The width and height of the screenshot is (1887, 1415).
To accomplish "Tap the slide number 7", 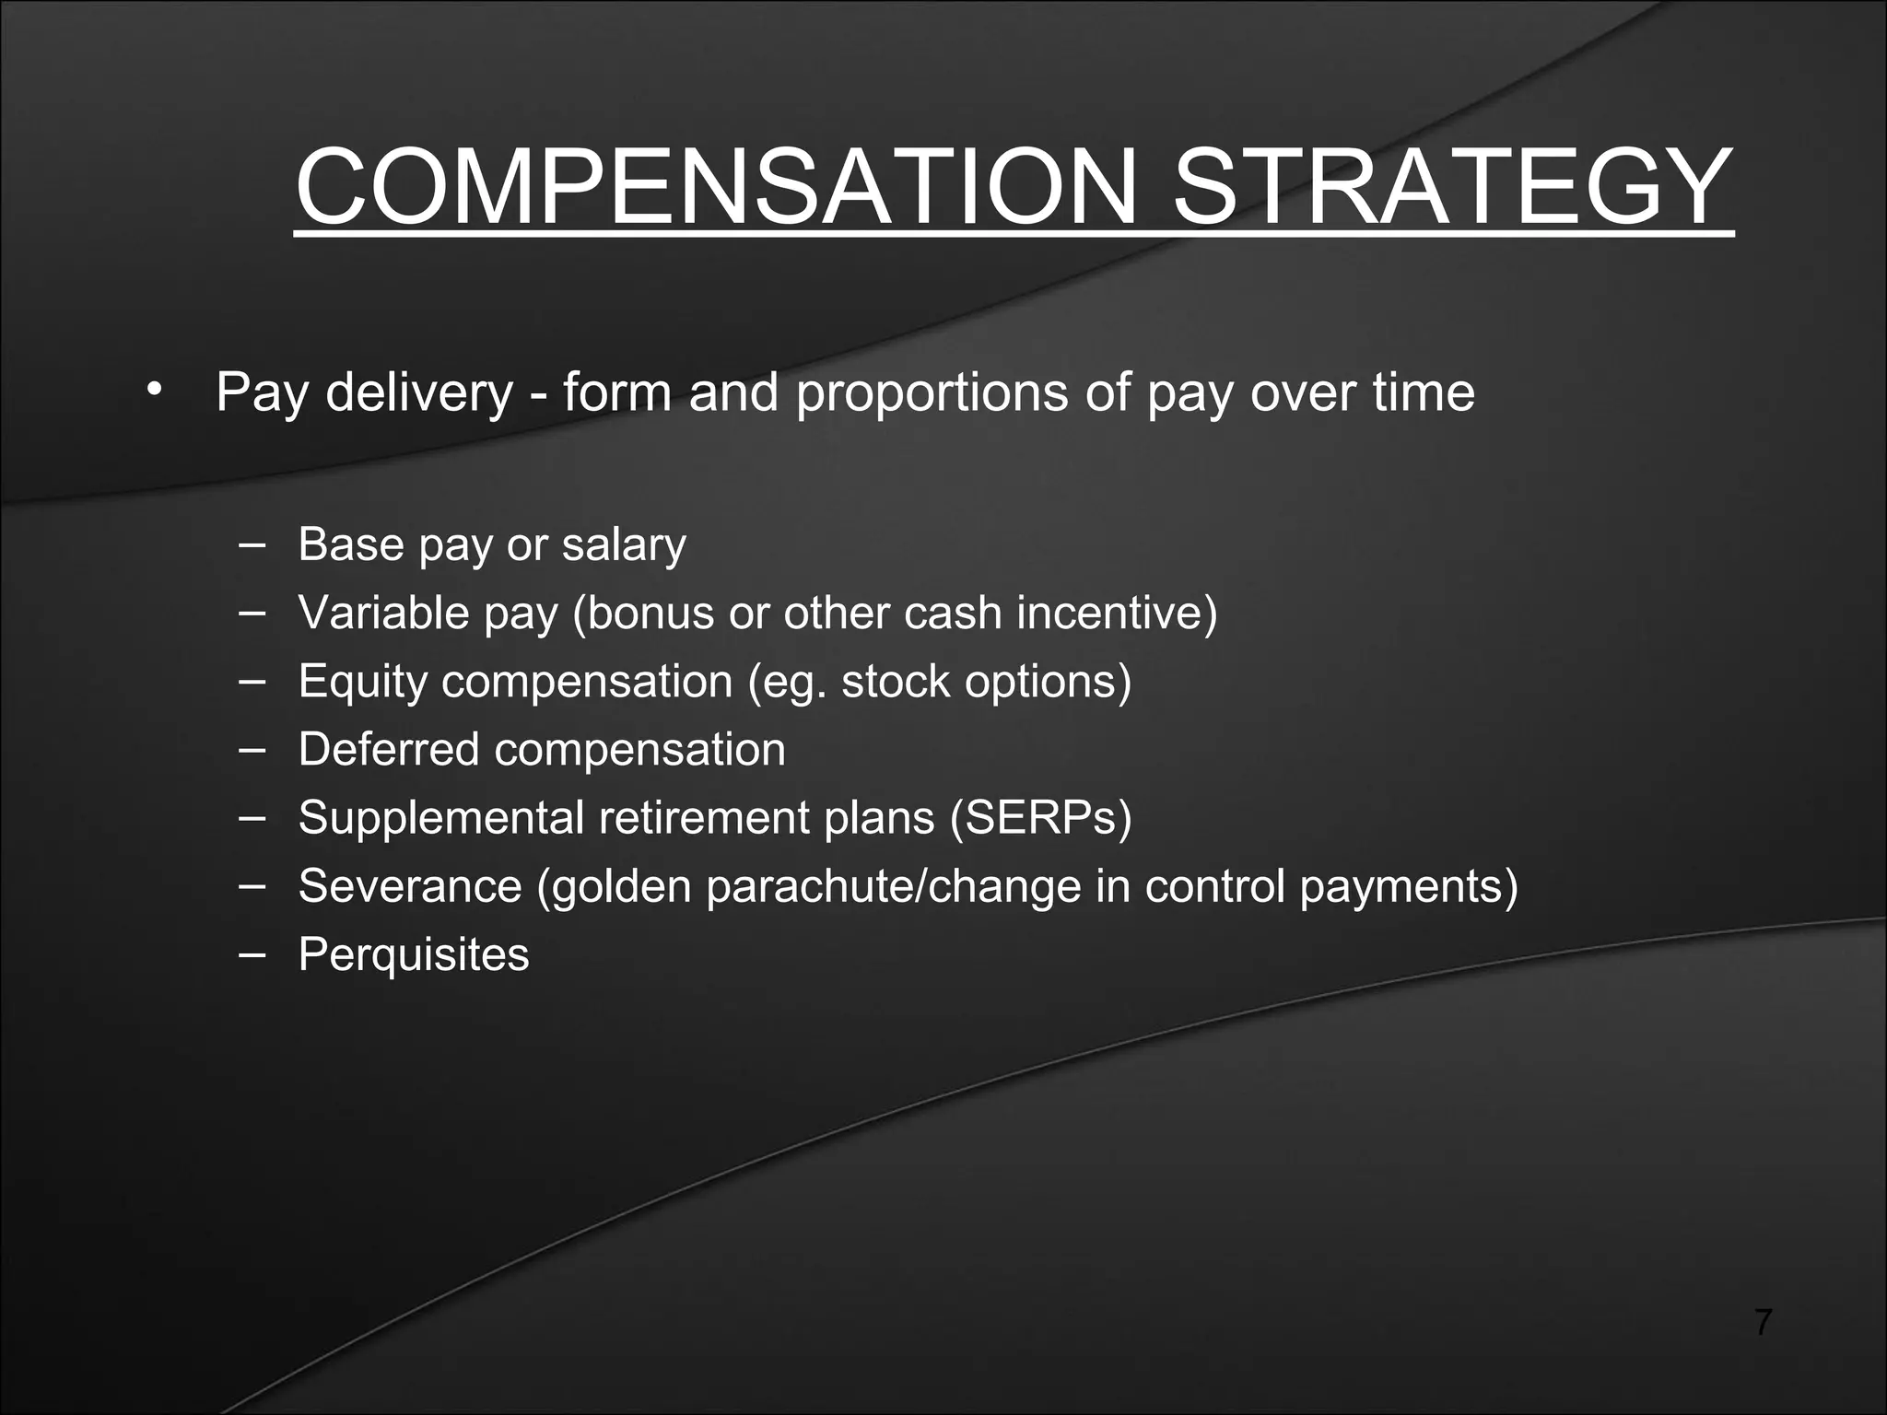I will (1762, 1322).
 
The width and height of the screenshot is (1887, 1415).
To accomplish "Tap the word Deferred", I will (389, 749).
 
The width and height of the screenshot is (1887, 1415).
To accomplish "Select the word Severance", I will (410, 886).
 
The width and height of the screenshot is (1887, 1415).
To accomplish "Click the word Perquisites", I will (414, 955).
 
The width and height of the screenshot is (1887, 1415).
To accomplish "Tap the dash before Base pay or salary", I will (250, 543).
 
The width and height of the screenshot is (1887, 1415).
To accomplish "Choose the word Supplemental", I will (441, 818).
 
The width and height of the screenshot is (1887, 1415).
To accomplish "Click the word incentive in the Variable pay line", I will (1109, 614).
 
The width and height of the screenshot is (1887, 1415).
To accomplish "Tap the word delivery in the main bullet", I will (419, 394).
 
